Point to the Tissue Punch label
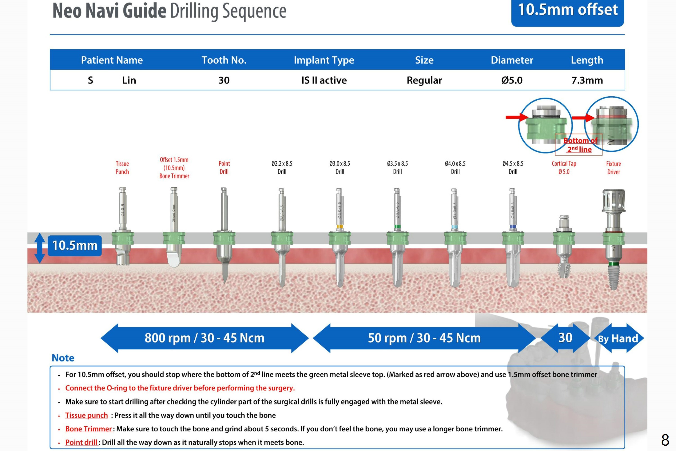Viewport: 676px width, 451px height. click(x=122, y=167)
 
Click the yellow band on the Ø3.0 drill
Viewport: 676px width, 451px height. click(x=340, y=227)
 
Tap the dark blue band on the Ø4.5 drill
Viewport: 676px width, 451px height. click(x=512, y=227)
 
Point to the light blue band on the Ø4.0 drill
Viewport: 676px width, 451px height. click(x=455, y=227)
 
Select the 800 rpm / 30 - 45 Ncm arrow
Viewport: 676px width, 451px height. click(x=204, y=338)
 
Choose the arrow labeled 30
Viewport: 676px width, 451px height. click(x=565, y=338)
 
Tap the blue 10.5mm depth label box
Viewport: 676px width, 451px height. click(x=75, y=246)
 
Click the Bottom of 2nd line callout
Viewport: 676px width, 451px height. click(x=579, y=145)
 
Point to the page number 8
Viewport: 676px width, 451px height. click(x=665, y=440)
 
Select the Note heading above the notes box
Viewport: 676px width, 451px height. click(x=63, y=358)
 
